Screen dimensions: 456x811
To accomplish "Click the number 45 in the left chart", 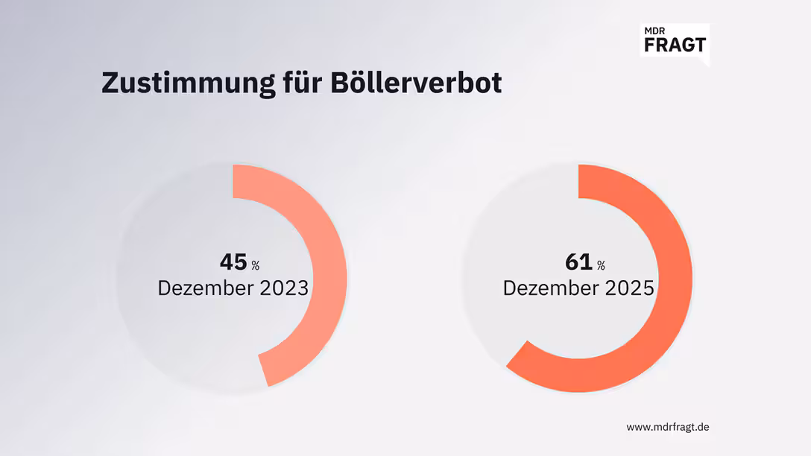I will point(233,262).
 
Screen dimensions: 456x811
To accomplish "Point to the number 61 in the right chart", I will point(578,262).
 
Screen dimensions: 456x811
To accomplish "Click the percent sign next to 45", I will point(255,265).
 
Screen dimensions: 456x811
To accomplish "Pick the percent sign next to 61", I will point(600,265).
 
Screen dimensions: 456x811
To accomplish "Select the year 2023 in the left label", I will point(283,288).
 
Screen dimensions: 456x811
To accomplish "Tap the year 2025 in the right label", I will point(628,288).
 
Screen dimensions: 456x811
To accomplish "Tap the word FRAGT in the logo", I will point(673,44).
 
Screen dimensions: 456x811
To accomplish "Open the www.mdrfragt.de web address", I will point(667,427).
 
